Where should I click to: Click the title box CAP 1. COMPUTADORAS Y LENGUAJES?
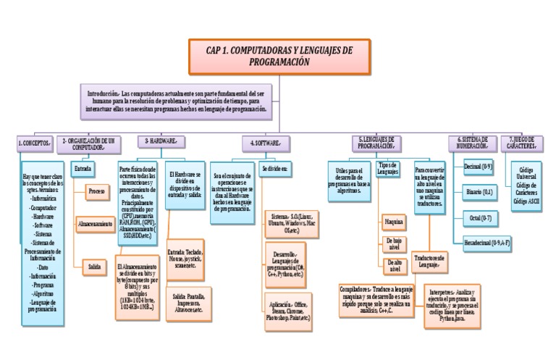279,57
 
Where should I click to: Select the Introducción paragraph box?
177,104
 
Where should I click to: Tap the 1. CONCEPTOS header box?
34,143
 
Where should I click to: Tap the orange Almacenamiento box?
95,225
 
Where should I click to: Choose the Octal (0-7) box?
477,217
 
